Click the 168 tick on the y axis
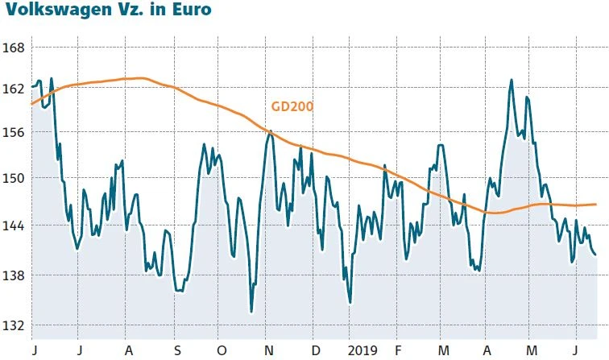[x=14, y=48]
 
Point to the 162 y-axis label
[x=14, y=89]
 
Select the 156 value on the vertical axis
[x=14, y=133]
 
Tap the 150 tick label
[x=14, y=178]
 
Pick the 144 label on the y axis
[x=14, y=226]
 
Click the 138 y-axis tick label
[x=14, y=276]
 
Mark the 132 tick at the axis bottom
[x=14, y=325]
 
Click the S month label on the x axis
[x=176, y=351]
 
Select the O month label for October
[x=223, y=351]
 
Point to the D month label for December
[x=315, y=351]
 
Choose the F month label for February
[x=397, y=351]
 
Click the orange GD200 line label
[x=292, y=106]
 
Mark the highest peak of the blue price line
[x=511, y=80]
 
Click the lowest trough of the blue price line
[x=251, y=312]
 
